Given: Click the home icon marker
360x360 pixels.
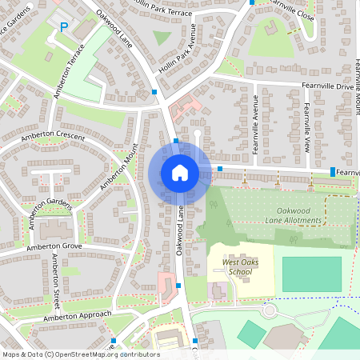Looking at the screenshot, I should click(179, 172).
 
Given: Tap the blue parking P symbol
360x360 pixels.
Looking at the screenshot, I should click(64, 28).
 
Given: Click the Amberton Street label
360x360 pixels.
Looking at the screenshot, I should click(55, 282).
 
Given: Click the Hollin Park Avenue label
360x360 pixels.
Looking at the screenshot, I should click(178, 54).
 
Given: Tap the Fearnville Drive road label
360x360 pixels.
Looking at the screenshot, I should click(327, 86).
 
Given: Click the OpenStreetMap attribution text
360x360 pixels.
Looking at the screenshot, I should click(80, 354).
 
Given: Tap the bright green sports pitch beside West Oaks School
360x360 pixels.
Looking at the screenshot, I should click(311, 274).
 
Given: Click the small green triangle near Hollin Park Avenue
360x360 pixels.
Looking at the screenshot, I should click(162, 38).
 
